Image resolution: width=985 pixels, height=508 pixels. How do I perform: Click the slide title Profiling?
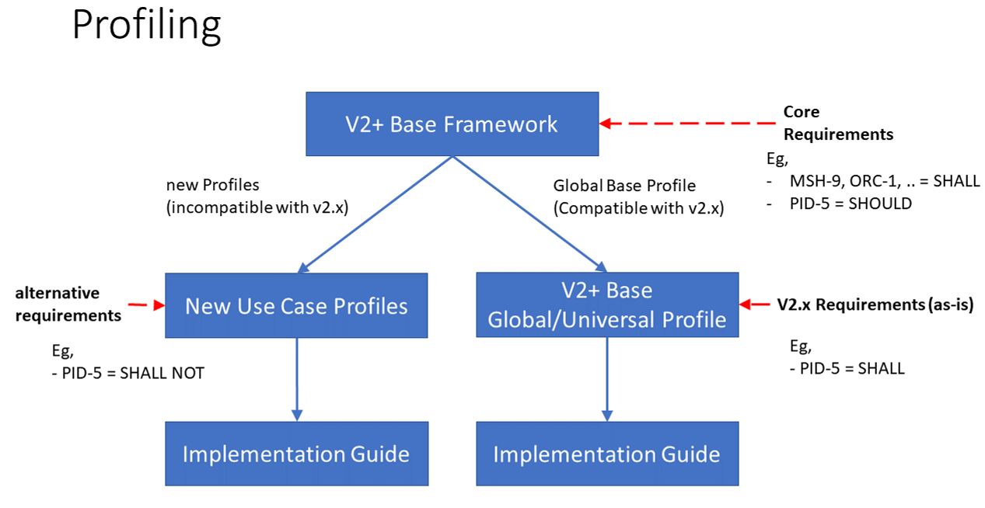(146, 26)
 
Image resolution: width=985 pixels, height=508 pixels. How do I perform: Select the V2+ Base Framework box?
(452, 124)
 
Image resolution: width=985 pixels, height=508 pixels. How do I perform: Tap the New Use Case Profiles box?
(296, 305)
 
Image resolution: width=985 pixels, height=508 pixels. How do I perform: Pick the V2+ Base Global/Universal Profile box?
(607, 304)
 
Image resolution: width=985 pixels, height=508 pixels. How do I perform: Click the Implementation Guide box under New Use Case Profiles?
(296, 454)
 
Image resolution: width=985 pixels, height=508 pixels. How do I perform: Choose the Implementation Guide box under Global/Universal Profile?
(607, 454)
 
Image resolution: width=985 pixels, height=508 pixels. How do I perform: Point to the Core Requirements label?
(837, 123)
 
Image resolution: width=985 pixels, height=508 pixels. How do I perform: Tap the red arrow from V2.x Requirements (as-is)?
(755, 304)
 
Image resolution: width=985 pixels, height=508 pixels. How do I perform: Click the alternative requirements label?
(68, 304)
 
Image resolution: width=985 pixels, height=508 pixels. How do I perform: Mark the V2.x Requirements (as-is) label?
(875, 304)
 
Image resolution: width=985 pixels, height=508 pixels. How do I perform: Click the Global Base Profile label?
(624, 186)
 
